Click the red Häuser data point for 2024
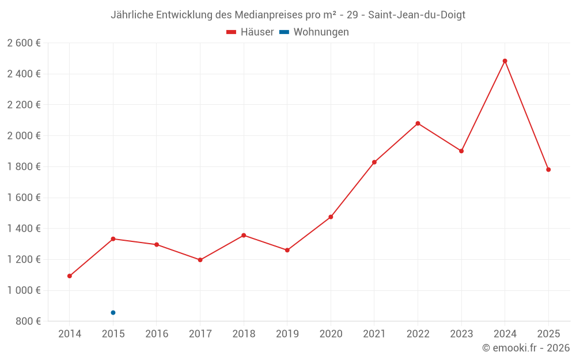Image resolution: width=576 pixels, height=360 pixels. (x=505, y=61)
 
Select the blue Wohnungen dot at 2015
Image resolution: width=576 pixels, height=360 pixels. (x=113, y=313)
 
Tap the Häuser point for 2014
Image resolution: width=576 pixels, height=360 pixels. (x=70, y=276)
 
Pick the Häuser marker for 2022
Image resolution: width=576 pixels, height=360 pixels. (x=418, y=123)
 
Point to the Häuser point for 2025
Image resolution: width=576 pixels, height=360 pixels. (x=548, y=169)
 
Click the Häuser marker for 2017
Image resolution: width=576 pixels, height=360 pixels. (x=200, y=260)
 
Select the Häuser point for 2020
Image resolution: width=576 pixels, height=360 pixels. (x=331, y=217)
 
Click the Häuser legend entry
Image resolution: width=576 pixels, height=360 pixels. (x=250, y=32)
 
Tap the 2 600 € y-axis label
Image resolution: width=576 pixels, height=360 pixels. (x=24, y=43)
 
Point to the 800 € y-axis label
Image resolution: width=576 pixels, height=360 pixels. (x=27, y=321)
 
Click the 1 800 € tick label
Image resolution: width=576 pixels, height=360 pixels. (x=24, y=166)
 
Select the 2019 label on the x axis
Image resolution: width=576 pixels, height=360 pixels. (x=287, y=334)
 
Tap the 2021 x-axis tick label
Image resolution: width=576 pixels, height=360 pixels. (x=374, y=334)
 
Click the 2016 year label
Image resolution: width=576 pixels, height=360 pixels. (x=157, y=334)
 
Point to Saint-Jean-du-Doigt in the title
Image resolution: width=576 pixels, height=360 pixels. (x=416, y=15)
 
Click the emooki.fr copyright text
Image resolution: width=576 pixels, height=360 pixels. (x=525, y=348)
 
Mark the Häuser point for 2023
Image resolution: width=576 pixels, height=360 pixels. (x=461, y=151)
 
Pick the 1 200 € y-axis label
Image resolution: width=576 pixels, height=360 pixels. (x=24, y=259)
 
